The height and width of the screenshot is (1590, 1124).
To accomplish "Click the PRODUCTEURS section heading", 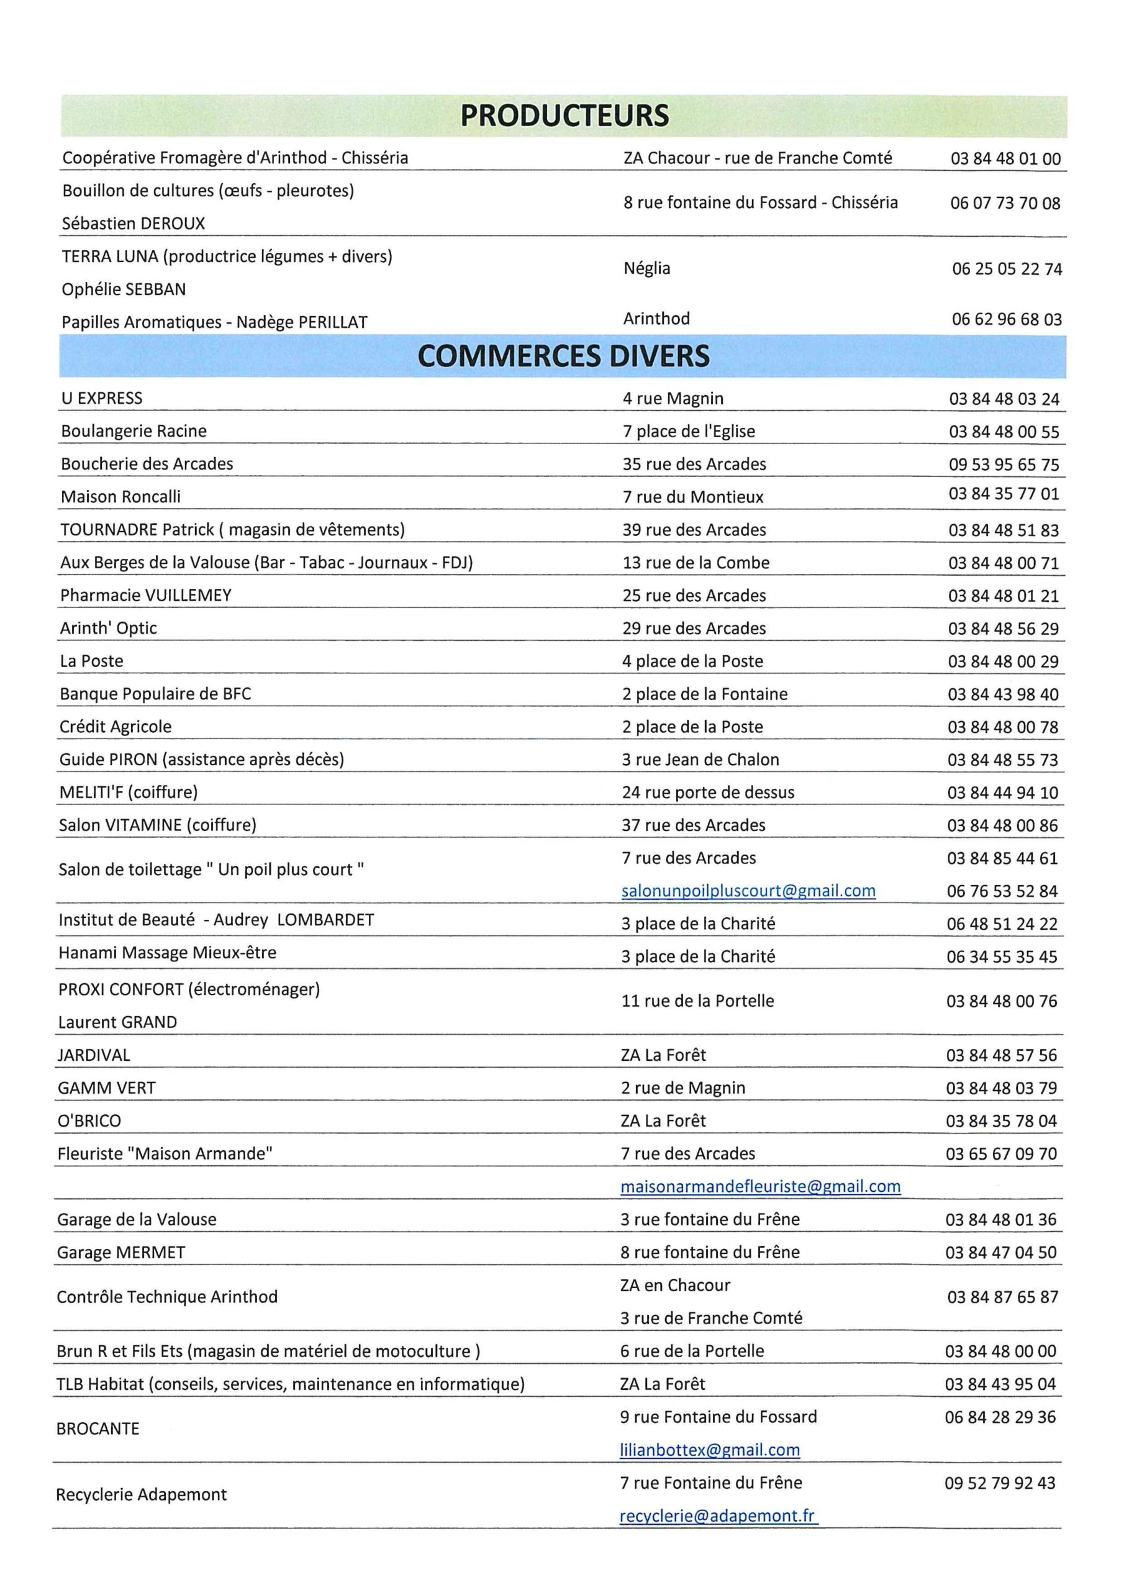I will (564, 116).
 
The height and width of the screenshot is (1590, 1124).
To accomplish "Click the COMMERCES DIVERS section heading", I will (563, 356).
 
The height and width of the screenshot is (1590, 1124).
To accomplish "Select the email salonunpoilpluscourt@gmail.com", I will (748, 891).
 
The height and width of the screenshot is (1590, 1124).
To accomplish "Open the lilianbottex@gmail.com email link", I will (709, 1450).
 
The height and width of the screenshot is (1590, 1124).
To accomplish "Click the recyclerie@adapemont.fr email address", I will (717, 1515).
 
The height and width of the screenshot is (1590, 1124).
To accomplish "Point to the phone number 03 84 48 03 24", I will (1004, 399).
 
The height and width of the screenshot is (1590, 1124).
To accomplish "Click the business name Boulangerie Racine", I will (134, 431).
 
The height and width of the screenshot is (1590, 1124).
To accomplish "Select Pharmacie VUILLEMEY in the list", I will (145, 595).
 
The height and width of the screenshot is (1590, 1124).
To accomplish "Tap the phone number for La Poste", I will (1003, 661).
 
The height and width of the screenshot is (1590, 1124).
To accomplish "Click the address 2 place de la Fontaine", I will (704, 694).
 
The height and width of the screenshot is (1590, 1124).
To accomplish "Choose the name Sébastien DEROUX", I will (133, 223).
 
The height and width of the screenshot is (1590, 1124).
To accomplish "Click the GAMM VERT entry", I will (107, 1088).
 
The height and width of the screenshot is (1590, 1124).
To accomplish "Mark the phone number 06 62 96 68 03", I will (1006, 319).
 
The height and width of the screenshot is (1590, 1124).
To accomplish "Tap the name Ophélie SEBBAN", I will (124, 289).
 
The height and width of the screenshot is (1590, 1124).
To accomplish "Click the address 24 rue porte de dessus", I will (708, 793).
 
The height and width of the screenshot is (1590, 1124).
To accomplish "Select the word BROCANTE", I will (97, 1429).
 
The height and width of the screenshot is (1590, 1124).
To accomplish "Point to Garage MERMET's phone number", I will (1000, 1252).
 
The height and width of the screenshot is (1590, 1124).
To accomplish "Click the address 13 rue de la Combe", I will (696, 562).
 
